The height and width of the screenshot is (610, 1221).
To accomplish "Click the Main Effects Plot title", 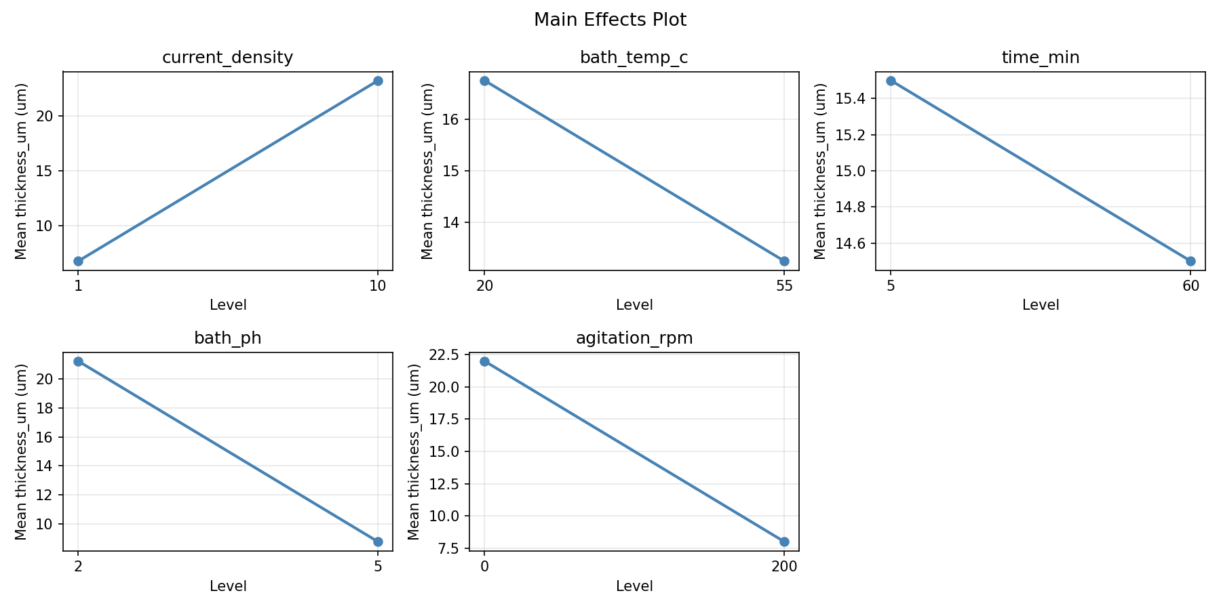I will click(x=610, y=20).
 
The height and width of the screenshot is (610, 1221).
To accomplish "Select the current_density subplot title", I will click(x=227, y=58).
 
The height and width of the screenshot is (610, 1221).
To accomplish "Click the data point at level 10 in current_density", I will click(x=378, y=81).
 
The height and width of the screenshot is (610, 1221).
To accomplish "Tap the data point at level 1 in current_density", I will click(x=78, y=261).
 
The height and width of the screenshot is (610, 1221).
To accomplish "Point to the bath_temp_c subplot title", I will click(x=634, y=58).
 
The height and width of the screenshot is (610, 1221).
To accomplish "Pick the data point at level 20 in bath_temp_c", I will click(x=484, y=81).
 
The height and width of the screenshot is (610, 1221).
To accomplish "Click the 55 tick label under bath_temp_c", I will click(x=784, y=286).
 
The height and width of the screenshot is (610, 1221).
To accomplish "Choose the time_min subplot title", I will click(x=1040, y=58).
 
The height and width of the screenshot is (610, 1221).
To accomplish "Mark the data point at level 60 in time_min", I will click(x=1190, y=261).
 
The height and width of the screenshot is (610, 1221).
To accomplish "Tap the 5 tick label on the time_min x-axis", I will click(x=891, y=286).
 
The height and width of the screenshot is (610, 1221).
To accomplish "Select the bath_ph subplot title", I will click(x=227, y=338).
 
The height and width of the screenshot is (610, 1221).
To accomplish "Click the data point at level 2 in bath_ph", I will click(x=78, y=361).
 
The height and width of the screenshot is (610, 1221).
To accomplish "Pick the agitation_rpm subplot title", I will click(x=634, y=338).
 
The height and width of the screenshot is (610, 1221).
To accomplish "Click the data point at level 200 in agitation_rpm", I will click(x=784, y=542).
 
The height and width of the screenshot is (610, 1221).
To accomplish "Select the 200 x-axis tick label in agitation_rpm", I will click(x=784, y=567).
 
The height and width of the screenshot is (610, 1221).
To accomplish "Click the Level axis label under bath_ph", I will click(x=227, y=586).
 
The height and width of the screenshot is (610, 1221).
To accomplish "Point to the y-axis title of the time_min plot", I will click(x=820, y=171).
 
